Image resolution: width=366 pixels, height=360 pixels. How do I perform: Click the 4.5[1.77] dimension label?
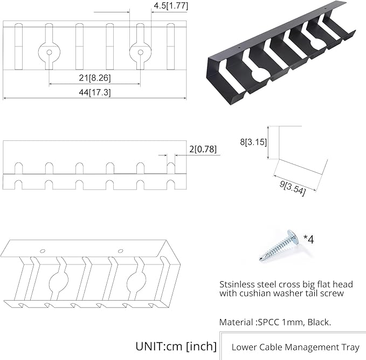click(x=171, y=6)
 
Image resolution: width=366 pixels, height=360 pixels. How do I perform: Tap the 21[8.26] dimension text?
click(x=94, y=78)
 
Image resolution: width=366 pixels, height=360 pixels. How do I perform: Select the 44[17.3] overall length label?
click(x=94, y=92)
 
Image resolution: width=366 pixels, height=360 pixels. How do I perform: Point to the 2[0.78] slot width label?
click(x=203, y=149)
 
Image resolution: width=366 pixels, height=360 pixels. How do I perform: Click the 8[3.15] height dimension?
click(x=253, y=141)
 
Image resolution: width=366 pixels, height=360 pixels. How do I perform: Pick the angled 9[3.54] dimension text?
click(x=293, y=188)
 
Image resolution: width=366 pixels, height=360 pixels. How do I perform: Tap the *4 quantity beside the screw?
click(x=308, y=239)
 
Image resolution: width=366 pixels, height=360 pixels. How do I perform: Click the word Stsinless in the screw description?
click(x=237, y=284)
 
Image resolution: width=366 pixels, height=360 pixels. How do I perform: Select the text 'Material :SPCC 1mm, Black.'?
click(x=275, y=322)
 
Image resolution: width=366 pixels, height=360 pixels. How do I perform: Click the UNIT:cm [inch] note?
click(x=176, y=346)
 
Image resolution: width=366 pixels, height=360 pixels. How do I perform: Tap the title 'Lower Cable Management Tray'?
click(x=295, y=347)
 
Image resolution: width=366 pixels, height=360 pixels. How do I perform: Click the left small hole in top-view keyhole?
click(x=49, y=52)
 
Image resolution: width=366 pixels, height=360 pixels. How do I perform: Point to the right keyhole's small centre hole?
click(x=140, y=52)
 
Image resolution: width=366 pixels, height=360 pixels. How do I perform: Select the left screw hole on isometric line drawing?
click(x=42, y=251)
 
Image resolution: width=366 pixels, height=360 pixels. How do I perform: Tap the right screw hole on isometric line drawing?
click(x=120, y=251)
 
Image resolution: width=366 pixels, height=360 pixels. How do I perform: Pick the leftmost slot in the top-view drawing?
click(x=18, y=46)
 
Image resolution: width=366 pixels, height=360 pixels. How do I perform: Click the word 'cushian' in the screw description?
click(x=255, y=293)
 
